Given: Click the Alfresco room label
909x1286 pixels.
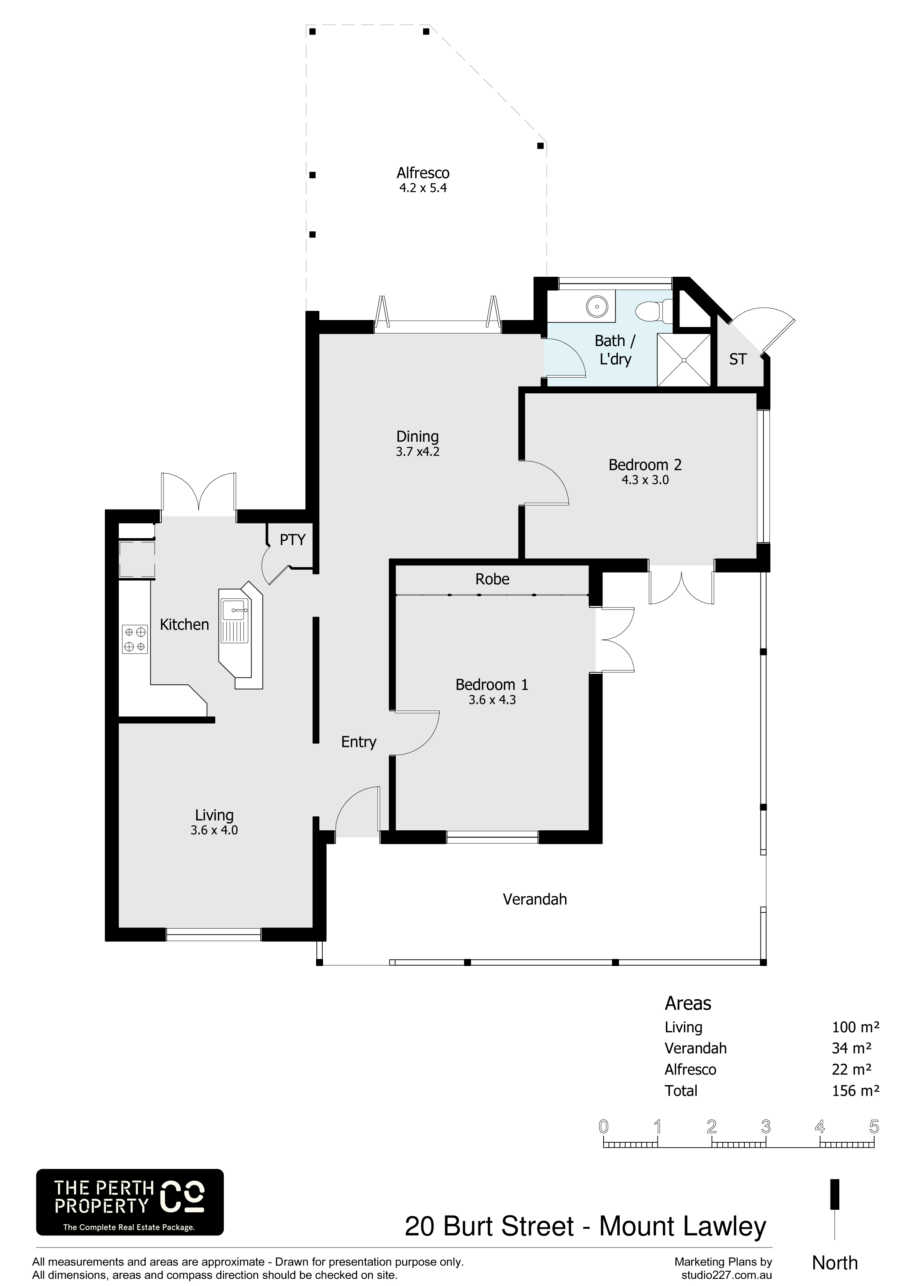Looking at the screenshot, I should click(x=423, y=173).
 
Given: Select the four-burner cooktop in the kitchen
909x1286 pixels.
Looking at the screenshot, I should click(x=135, y=639).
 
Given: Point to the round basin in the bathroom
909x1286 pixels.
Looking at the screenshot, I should click(x=597, y=306).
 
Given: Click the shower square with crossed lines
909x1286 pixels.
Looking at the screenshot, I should click(x=684, y=360).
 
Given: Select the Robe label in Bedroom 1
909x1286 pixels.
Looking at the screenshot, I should click(x=492, y=579).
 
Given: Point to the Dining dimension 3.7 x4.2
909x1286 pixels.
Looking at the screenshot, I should click(x=417, y=451).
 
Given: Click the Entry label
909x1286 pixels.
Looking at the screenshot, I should click(x=359, y=742).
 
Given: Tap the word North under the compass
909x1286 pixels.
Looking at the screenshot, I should click(x=835, y=1263).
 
